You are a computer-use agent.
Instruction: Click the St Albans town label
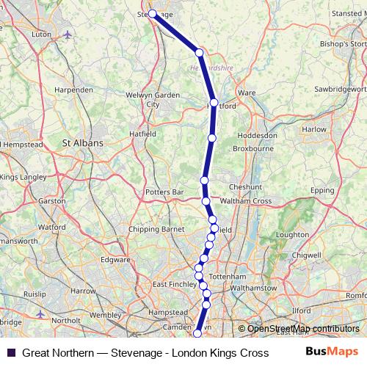pyautogui.click(x=83, y=143)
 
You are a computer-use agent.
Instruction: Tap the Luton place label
pyautogui.click(x=41, y=34)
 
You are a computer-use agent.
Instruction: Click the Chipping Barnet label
pyautogui.click(x=157, y=229)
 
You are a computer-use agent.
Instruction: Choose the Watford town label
pyautogui.click(x=51, y=228)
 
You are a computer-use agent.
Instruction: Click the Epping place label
pyautogui.click(x=322, y=190)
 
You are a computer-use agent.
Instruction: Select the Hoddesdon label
pyautogui.click(x=258, y=136)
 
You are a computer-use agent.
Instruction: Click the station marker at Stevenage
pyautogui.click(x=153, y=14)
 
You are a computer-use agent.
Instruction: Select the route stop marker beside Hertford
pyautogui.click(x=214, y=103)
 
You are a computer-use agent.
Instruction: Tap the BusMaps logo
pyautogui.click(x=331, y=352)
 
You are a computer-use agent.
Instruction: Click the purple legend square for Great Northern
pyautogui.click(x=10, y=352)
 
